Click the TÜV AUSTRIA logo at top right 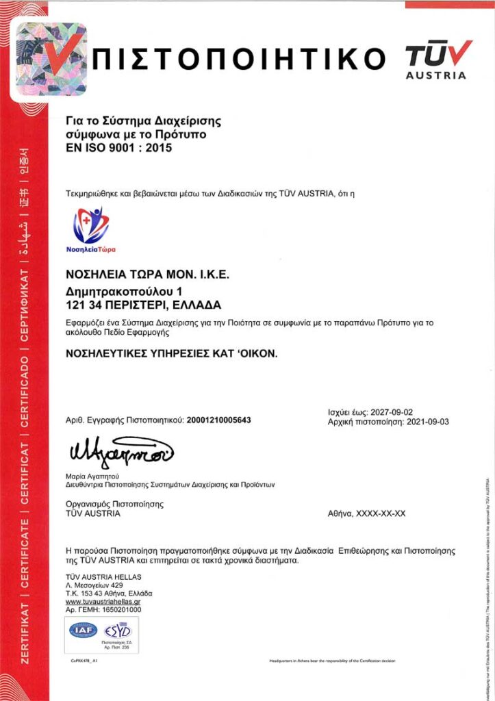pos(439,59)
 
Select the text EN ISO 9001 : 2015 pos(118,146)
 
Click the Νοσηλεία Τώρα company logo pos(91,230)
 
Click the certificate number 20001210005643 pos(218,420)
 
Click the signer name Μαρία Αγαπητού pos(93,475)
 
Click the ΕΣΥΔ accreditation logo pos(115,630)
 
